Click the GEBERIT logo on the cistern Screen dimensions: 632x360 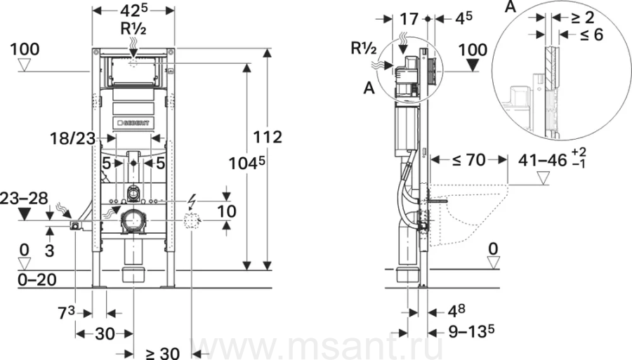133,122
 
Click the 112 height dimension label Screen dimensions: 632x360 268,138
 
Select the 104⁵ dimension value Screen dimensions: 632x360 247,164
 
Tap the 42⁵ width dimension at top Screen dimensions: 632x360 134,11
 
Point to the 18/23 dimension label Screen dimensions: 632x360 72,139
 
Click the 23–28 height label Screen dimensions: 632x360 24,198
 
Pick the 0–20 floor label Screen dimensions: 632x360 37,279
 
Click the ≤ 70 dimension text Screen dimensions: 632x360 469,160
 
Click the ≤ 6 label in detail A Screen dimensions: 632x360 592,35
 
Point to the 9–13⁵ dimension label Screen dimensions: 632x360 471,331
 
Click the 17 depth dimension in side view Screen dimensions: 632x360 409,18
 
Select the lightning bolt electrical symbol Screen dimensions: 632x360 192,200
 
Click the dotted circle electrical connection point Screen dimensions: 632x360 192,221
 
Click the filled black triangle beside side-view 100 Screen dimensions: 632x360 473,65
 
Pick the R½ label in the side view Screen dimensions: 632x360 364,48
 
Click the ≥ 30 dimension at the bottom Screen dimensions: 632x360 163,354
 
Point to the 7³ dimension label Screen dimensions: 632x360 67,313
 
